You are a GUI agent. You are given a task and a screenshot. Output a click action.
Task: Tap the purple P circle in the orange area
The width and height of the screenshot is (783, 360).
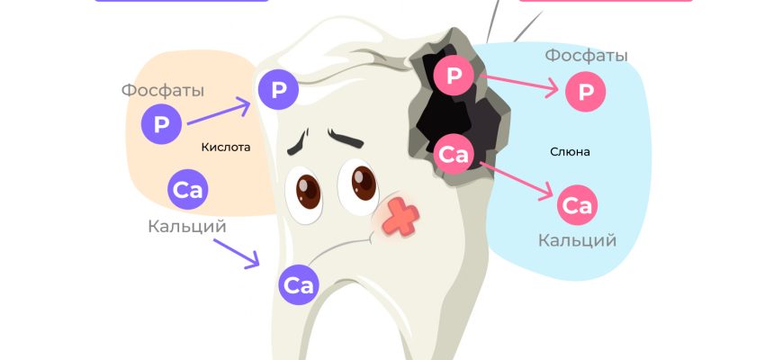[x=162, y=125]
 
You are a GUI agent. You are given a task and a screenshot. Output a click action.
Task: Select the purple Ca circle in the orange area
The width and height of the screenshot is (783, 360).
[x=189, y=190]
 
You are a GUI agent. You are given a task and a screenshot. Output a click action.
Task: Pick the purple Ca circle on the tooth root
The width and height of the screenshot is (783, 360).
[x=299, y=286]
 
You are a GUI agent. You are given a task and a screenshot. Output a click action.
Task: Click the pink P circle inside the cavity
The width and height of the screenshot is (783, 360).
[x=454, y=76]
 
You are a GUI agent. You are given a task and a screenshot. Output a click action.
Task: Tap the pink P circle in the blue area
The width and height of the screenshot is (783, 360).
[x=586, y=93]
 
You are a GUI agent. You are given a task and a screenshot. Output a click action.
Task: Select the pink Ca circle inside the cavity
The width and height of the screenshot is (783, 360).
[x=454, y=155]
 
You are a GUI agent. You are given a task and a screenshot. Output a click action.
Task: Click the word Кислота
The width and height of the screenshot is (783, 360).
[x=226, y=147]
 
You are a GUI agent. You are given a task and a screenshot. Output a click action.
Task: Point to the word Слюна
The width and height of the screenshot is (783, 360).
[x=570, y=151]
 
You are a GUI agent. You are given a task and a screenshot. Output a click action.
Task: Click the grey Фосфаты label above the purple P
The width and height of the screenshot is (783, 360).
[x=163, y=91]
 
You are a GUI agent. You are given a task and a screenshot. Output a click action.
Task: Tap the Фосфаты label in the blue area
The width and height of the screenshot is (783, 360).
[x=586, y=56]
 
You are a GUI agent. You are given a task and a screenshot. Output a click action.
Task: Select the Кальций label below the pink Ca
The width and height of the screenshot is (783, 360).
[x=577, y=240]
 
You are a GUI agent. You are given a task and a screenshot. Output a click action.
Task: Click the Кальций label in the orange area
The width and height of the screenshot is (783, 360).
[x=187, y=226]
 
